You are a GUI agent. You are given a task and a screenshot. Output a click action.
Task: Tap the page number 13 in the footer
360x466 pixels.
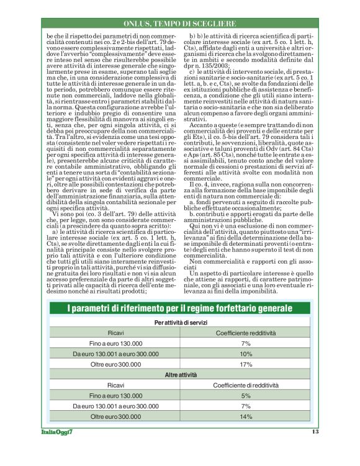(x=315, y=431)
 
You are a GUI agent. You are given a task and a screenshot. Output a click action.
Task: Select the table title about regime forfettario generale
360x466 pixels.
(x=180, y=308)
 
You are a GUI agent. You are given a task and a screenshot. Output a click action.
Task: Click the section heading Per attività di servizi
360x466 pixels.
(x=180, y=323)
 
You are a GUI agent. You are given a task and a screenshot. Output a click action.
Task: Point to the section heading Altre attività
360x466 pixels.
(x=180, y=375)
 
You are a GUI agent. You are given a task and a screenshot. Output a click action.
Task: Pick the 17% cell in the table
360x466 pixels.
(x=245, y=364)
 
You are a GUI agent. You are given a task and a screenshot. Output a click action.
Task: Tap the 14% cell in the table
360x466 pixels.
(x=245, y=416)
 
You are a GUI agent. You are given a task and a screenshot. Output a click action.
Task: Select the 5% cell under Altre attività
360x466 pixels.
(x=245, y=395)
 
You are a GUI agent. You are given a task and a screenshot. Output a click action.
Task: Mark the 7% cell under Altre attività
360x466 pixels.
(x=245, y=406)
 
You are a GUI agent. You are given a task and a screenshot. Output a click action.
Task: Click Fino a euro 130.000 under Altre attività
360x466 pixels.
(x=115, y=395)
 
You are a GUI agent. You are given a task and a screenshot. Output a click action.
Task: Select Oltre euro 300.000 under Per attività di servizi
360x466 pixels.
(x=115, y=364)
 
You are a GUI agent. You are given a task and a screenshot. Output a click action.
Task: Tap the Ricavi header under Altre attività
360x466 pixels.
(x=115, y=385)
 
